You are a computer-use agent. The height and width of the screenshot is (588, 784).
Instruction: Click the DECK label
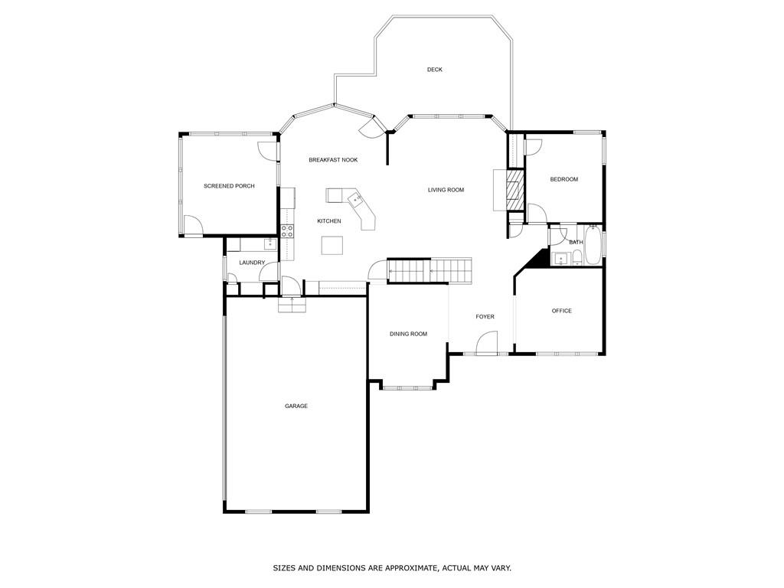pyautogui.click(x=435, y=70)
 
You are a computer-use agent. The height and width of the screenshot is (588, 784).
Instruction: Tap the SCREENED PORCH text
pyautogui.click(x=229, y=186)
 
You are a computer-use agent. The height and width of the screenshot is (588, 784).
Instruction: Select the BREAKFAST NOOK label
pyautogui.click(x=333, y=160)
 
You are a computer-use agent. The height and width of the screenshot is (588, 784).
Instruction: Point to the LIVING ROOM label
pyautogui.click(x=446, y=190)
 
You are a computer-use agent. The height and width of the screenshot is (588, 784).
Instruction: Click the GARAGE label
pyautogui.click(x=296, y=406)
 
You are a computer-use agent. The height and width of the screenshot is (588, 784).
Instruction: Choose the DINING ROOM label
pyautogui.click(x=408, y=334)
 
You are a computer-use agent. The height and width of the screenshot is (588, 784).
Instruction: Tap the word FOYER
pyautogui.click(x=485, y=316)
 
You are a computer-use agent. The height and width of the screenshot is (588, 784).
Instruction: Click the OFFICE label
pyautogui.click(x=562, y=311)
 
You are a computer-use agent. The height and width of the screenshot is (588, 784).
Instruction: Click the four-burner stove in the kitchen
pyautogui.click(x=288, y=230)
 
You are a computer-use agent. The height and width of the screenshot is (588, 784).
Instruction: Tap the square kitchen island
pyautogui.click(x=332, y=244)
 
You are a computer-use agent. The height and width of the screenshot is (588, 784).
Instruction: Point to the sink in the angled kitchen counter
pyautogui.click(x=357, y=200)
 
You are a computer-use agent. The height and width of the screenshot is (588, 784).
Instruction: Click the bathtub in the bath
pyautogui.click(x=593, y=245)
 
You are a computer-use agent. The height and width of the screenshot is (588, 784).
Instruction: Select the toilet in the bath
pyautogui.click(x=577, y=258)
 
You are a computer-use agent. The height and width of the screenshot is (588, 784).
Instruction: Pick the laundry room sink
pyautogui.click(x=269, y=244)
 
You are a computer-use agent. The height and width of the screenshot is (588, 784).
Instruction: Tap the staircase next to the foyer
pyautogui.click(x=430, y=270)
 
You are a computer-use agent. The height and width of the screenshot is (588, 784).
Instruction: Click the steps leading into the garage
pyautogui.click(x=292, y=305)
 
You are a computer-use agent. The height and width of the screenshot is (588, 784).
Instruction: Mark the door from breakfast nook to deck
pyautogui.click(x=370, y=127)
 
